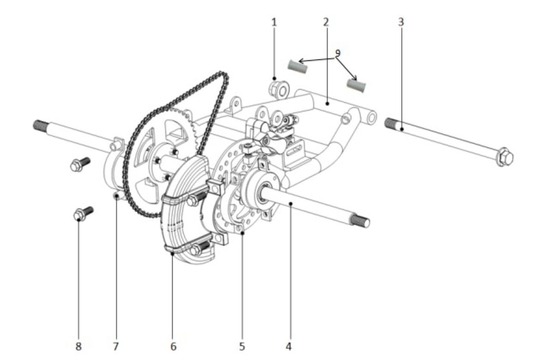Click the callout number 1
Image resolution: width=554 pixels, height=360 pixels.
tap(274, 23)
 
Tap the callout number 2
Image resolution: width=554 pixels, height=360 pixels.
tap(326, 22)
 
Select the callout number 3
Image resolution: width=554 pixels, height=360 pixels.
tap(401, 22)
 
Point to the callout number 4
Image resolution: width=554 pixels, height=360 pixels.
tap(289, 347)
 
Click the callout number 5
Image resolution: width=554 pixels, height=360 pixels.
tap(242, 347)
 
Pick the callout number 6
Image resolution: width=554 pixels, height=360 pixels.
tap(174, 347)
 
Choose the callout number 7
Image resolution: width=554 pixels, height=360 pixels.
tap(116, 347)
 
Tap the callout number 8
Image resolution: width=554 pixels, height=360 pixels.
tap(78, 347)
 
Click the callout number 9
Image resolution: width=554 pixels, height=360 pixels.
tap(337, 53)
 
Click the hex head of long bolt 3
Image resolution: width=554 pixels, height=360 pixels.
tap(505, 157)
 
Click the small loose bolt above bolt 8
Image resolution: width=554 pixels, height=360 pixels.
tap(80, 164)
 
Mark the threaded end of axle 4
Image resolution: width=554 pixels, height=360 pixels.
tap(360, 221)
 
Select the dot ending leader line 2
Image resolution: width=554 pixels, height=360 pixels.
tap(327, 103)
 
